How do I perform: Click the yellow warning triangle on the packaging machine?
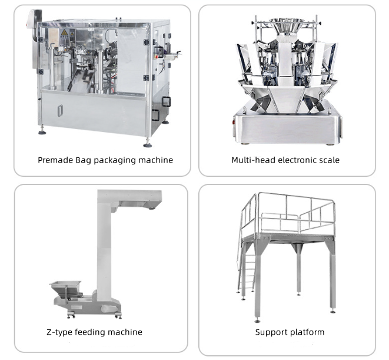64,32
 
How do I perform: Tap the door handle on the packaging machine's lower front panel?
60,110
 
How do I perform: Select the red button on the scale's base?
233,122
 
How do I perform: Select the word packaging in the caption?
115,160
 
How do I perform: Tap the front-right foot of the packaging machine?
148,144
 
